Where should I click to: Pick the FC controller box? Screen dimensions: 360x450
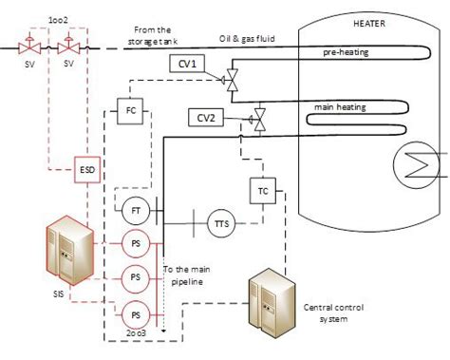click(x=131, y=109)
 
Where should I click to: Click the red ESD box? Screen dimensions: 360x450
click(x=87, y=171)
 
